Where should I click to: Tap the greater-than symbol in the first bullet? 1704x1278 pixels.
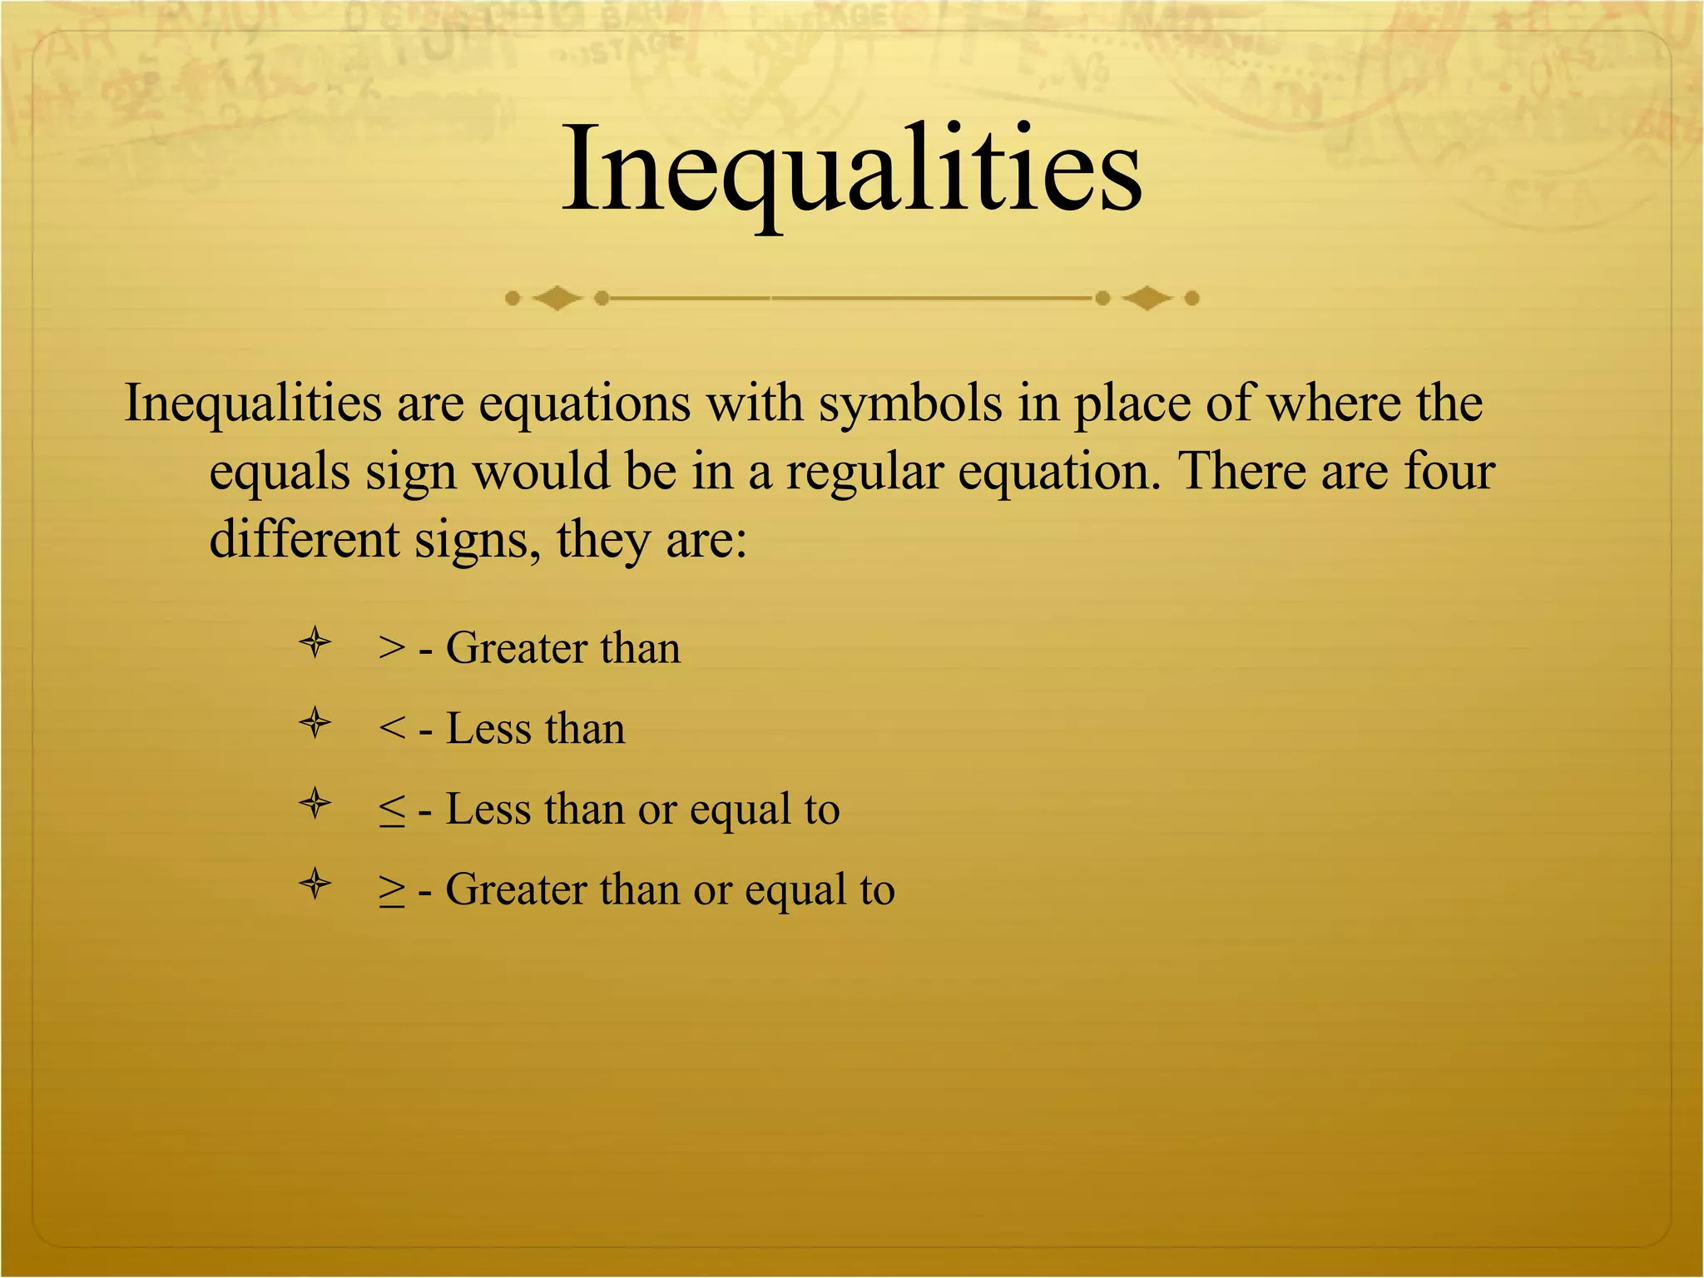coord(391,647)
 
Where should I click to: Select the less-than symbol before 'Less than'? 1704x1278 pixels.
coord(391,729)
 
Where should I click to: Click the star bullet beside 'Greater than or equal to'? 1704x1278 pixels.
coord(315,884)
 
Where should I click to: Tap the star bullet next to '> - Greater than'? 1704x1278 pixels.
coord(315,642)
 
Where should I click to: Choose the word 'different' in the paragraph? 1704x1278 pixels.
coord(304,539)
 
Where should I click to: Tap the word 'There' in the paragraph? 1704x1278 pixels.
coord(1241,471)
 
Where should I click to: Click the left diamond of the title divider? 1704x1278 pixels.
coord(557,298)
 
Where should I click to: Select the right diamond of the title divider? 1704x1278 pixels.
coord(1147,298)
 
